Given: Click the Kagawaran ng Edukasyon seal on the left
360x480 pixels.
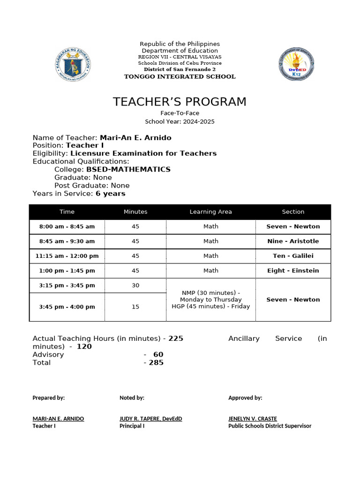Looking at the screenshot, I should point(73,64).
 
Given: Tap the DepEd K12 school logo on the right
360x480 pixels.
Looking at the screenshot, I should point(296,64).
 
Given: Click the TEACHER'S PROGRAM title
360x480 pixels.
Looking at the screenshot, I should point(180,102).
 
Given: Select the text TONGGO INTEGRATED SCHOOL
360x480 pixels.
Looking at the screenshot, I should point(180,76).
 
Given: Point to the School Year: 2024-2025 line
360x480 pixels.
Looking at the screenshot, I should point(180,121).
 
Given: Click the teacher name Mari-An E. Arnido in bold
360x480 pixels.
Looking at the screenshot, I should point(135,138).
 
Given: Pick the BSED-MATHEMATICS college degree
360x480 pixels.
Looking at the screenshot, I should point(128,169).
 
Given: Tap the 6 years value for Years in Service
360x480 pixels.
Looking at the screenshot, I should point(110,193).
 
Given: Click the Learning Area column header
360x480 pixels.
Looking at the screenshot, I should point(210,212).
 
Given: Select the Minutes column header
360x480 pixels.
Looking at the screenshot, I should point(135,212).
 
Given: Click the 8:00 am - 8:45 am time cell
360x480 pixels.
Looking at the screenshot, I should point(67,226).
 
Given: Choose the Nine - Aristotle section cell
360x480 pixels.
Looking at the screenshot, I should point(293,241).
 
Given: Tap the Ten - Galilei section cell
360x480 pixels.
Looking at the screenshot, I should point(293,256).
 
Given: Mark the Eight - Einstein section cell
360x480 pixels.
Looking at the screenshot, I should point(293,270).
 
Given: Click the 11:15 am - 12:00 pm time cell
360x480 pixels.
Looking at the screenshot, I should point(67,256).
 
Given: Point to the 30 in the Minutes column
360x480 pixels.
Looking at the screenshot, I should point(135,285).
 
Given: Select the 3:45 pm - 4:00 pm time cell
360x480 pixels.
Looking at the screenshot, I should point(67,307).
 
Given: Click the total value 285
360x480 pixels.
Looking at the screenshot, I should point(156,362).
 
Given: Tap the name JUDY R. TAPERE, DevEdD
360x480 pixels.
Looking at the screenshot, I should point(150,419).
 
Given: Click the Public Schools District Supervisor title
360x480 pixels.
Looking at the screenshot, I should point(270,426).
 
